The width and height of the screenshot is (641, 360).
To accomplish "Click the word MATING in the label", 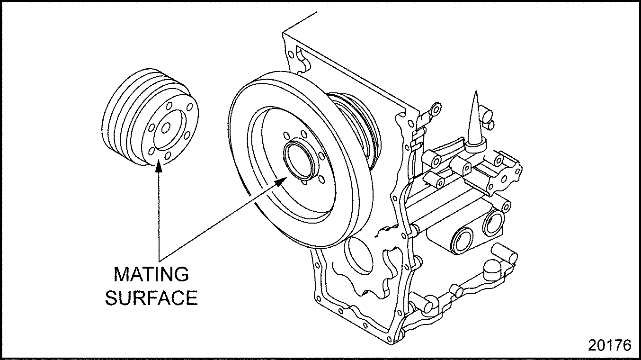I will pos(151,274).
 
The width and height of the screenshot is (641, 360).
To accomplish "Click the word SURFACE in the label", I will pos(151,298).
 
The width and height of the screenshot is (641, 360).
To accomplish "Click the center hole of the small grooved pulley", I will pos(166,127).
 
